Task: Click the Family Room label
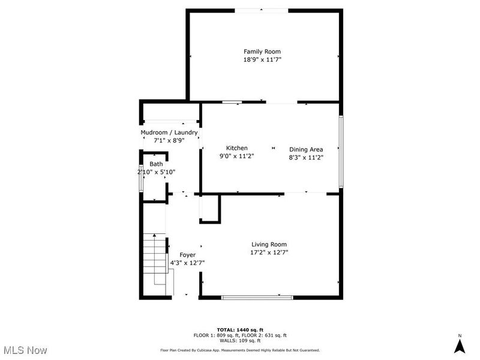point(262,52)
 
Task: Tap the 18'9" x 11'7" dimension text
point(262,60)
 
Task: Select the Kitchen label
point(236,148)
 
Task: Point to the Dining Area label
point(306,149)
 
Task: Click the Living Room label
point(269,244)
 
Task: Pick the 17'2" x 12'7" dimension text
point(269,253)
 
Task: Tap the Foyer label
point(171,255)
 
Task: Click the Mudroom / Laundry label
point(169,133)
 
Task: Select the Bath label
point(156,164)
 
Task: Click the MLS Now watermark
point(25,350)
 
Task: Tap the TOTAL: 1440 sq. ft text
point(239,330)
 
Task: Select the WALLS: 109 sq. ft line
point(239,340)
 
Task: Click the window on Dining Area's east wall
point(341,150)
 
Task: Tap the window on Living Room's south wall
point(257,296)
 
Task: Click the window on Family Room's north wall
point(260,10)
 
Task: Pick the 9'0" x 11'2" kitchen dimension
point(236,157)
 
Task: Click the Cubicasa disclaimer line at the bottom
point(239,350)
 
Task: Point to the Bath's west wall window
point(142,178)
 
